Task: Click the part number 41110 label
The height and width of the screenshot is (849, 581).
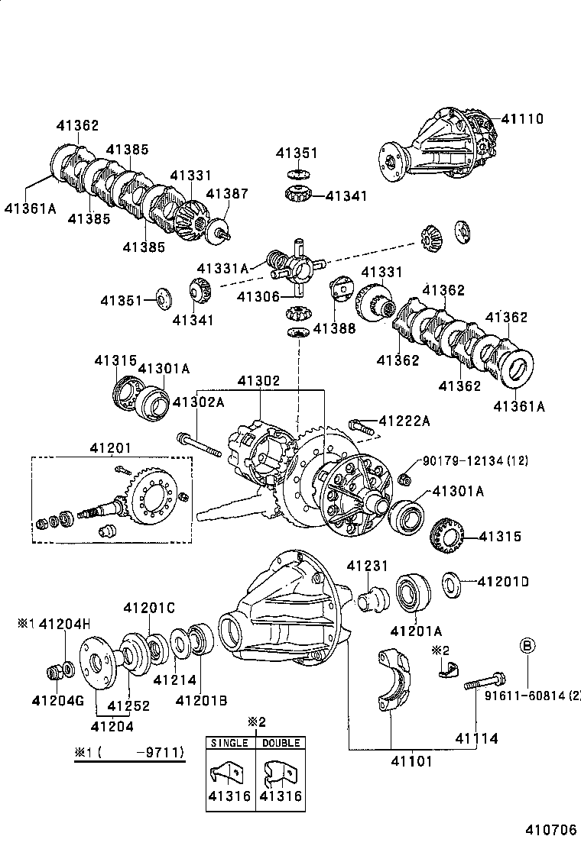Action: [x=523, y=118]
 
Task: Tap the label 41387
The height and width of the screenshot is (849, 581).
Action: [x=227, y=194]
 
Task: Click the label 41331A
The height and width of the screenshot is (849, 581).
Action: [x=222, y=268]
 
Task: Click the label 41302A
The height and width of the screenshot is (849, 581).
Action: [x=198, y=402]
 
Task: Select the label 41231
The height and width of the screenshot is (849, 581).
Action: [x=367, y=566]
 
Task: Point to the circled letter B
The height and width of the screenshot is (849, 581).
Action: [x=528, y=646]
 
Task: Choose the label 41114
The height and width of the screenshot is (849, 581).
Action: [x=477, y=738]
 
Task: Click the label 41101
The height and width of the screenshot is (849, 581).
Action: [x=391, y=761]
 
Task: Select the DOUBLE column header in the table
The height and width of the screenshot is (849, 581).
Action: [x=280, y=743]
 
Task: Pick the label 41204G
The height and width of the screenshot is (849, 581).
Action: [x=57, y=700]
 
